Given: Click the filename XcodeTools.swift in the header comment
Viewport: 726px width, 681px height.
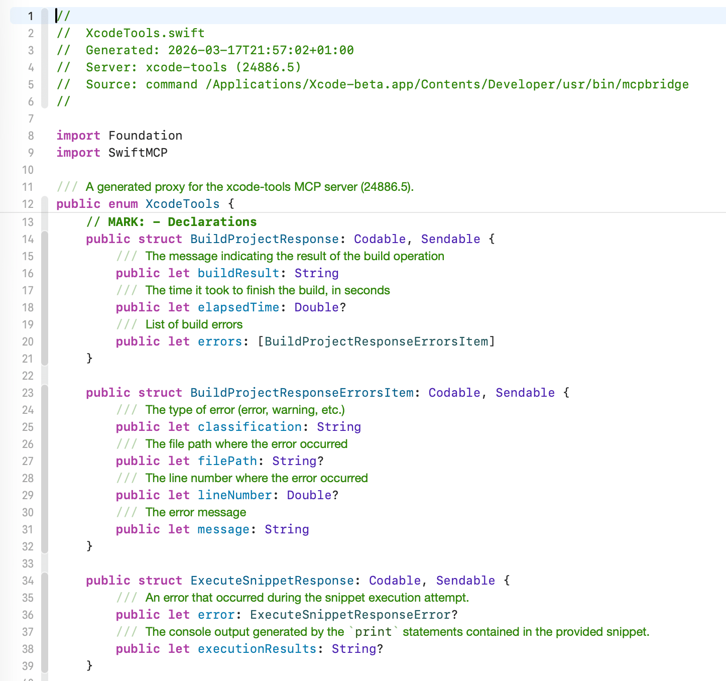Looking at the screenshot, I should click(x=145, y=33).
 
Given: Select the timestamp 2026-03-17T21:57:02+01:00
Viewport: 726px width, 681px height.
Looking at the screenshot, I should click(x=261, y=50).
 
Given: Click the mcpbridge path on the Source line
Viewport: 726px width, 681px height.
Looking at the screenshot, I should click(x=447, y=84).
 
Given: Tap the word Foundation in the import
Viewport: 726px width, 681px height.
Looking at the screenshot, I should click(x=145, y=136).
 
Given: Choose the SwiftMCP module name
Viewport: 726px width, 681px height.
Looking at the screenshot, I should click(x=138, y=153).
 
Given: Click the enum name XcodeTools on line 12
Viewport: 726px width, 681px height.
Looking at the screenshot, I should click(x=182, y=204).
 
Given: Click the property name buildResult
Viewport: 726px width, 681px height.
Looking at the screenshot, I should click(x=238, y=273).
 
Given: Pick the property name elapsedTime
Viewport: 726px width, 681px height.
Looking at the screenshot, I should click(x=238, y=307).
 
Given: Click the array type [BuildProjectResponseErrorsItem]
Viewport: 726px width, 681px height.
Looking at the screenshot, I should click(x=377, y=342).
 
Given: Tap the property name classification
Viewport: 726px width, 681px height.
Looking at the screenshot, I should click(x=250, y=427).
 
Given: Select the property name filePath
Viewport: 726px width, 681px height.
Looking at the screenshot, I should click(x=227, y=461).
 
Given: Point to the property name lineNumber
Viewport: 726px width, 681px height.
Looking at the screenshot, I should click(x=234, y=495).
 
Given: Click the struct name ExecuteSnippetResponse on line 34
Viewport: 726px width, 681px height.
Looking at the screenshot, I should click(x=272, y=581).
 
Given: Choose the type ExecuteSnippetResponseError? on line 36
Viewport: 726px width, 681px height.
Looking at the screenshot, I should click(x=354, y=615).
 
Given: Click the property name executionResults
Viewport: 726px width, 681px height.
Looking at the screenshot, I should click(x=257, y=649).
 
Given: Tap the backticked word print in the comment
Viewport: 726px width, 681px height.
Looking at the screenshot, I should click(x=373, y=632).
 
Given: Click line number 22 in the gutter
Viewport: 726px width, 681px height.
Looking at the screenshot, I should click(x=28, y=376).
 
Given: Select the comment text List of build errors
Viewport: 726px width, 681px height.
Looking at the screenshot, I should click(x=194, y=324).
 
